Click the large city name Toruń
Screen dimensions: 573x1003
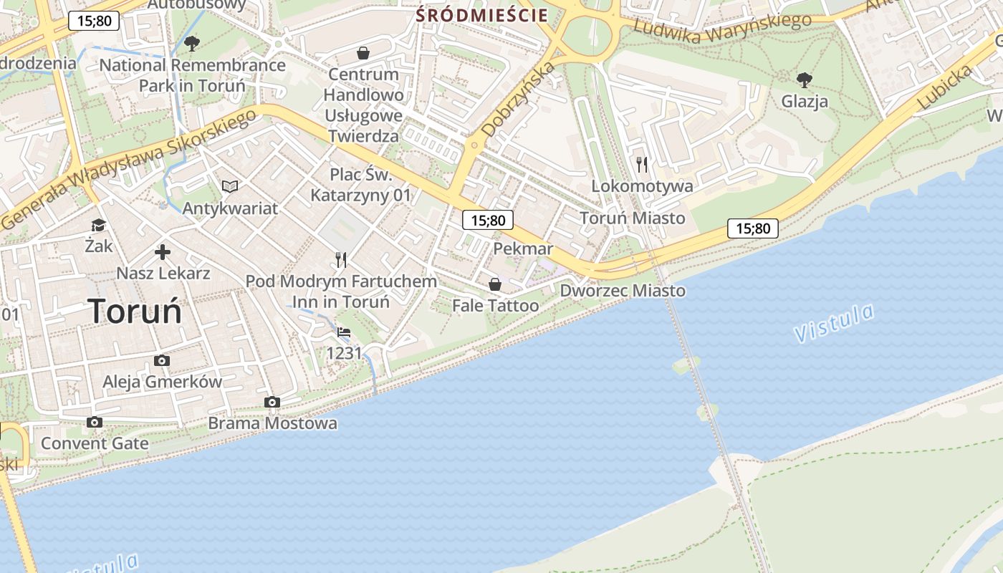click(135, 312)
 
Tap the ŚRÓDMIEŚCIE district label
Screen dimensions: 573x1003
click(482, 15)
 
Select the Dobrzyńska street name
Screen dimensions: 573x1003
click(518, 100)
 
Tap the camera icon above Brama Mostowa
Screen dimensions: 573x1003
click(272, 403)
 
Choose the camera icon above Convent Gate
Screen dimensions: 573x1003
click(94, 423)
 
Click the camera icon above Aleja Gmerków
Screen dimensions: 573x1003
click(162, 361)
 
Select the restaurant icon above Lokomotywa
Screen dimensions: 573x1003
click(642, 165)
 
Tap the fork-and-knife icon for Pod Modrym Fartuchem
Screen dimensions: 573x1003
click(341, 260)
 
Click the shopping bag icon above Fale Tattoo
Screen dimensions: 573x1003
click(494, 285)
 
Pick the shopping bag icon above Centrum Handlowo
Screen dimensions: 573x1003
click(363, 53)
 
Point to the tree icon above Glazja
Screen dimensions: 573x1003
click(805, 80)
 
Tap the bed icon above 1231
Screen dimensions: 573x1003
click(344, 332)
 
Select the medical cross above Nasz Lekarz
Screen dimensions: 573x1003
click(163, 252)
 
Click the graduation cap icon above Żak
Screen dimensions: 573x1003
click(98, 226)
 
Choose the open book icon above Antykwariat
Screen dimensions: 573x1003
click(229, 187)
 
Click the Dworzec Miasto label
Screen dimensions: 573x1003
click(622, 291)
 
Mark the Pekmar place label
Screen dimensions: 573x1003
click(523, 249)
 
